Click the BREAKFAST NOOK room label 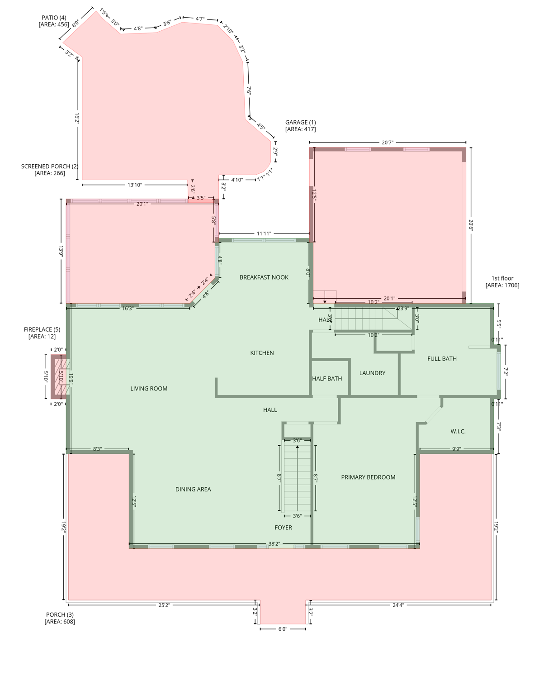[264, 277]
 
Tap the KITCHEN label [262, 353]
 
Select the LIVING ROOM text [149, 389]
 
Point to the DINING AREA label [193, 489]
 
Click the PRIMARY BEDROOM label [368, 477]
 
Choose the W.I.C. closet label [458, 432]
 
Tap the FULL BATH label [442, 359]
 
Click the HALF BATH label [327, 379]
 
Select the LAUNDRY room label [372, 373]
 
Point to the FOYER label [284, 528]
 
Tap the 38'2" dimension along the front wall [274, 544]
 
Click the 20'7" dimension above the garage [388, 143]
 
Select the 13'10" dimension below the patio [135, 185]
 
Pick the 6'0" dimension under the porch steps [283, 629]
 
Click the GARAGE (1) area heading [300, 126]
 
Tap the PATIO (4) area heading [54, 21]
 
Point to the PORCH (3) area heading [60, 618]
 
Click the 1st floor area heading [502, 282]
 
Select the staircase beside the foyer [297, 477]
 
